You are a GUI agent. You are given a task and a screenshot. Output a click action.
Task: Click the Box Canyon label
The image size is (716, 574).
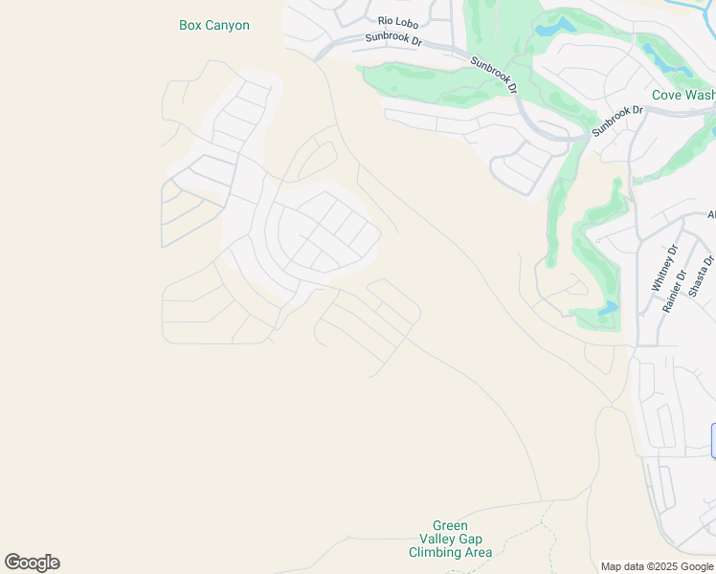point(214,26)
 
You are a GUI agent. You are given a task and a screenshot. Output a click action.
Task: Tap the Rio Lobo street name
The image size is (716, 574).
point(399,20)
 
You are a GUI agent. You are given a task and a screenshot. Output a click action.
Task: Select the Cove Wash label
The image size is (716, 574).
point(682,95)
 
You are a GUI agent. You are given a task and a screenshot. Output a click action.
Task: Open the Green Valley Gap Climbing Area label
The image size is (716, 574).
point(450,540)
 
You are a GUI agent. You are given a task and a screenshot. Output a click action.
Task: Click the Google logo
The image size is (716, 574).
point(32,563)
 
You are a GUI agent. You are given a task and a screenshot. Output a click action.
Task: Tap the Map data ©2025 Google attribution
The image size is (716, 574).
point(658,566)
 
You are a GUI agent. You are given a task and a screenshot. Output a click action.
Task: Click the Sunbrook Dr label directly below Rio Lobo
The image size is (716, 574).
point(394,39)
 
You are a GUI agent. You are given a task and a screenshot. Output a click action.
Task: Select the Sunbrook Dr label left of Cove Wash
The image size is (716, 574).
point(617,121)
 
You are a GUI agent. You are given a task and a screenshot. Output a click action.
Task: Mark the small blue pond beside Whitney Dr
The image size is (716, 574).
point(608,308)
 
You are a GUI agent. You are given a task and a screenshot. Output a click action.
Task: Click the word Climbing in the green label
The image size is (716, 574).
point(436,553)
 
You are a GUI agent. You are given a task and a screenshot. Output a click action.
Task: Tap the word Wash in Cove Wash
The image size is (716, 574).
point(699,95)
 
